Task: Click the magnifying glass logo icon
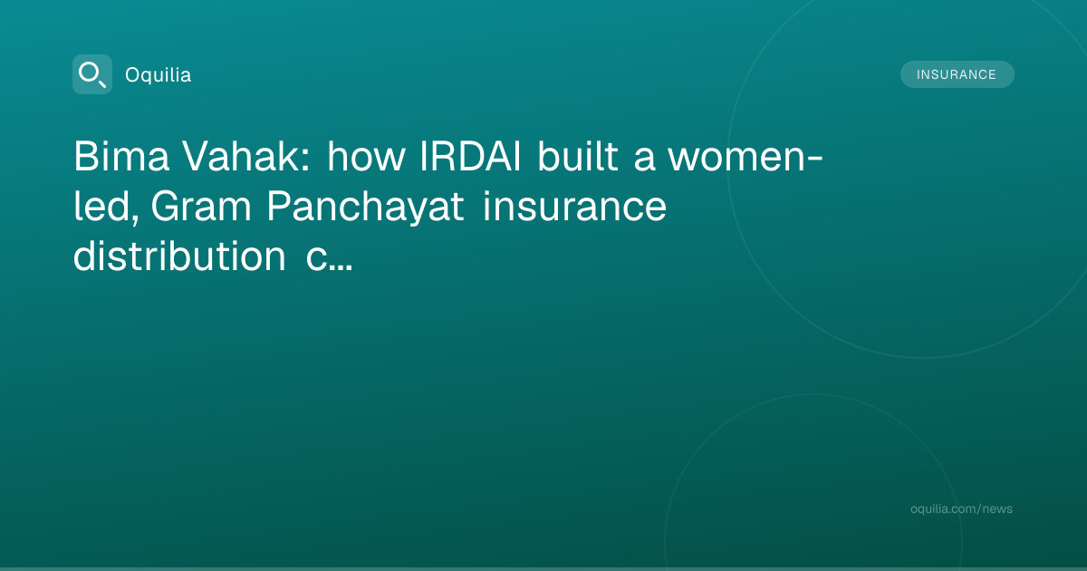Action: (x=92, y=74)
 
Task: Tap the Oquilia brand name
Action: (x=159, y=74)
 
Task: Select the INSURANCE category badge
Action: (x=957, y=74)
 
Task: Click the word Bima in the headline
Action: (x=121, y=156)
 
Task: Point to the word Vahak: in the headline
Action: (x=246, y=156)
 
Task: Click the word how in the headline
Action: (x=366, y=156)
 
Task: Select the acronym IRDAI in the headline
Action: (x=470, y=156)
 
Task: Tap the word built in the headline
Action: (x=578, y=156)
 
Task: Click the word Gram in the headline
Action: (x=201, y=207)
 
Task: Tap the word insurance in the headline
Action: (x=574, y=207)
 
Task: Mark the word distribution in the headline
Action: (x=179, y=256)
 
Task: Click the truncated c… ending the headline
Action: (x=329, y=259)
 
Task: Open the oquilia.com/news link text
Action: (x=961, y=508)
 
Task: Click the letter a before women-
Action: (x=644, y=160)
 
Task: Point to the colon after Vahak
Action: (x=305, y=160)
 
